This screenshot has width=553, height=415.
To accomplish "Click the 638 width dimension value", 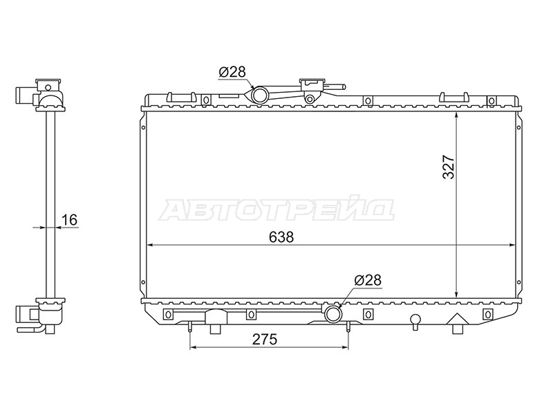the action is click(x=281, y=237).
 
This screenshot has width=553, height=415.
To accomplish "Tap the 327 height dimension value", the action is click(x=449, y=167).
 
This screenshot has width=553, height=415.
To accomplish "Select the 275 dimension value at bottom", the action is click(x=265, y=340).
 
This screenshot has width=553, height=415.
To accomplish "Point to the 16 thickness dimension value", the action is click(x=69, y=219).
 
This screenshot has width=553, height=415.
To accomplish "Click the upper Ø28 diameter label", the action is click(x=232, y=73).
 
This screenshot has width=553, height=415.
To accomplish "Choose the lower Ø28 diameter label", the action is click(x=368, y=281).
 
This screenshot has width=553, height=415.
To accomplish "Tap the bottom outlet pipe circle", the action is click(x=332, y=314).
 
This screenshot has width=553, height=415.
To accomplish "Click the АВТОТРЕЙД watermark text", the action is click(x=277, y=210).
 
